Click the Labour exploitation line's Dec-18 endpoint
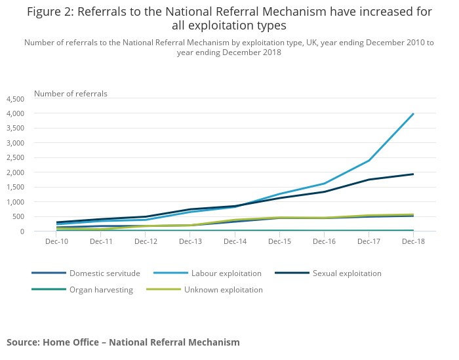413,113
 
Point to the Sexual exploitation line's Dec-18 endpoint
413,174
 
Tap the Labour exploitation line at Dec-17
369,161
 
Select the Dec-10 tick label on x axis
57,241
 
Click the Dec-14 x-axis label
235,241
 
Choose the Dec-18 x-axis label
413,241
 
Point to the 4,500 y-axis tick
15,99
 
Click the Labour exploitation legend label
226,273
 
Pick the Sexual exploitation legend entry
347,273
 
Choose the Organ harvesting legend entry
101,289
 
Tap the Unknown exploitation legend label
223,289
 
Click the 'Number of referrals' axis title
71,94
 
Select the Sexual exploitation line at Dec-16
324,191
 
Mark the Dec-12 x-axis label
146,241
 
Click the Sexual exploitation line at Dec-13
190,209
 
